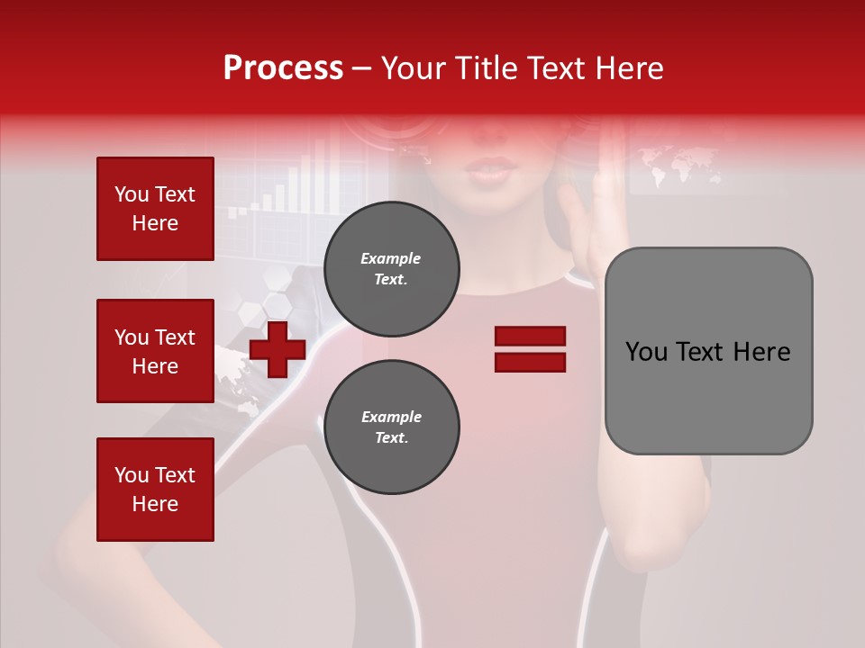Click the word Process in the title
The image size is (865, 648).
tap(283, 68)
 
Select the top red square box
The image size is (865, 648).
tap(155, 209)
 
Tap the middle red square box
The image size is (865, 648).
tap(155, 351)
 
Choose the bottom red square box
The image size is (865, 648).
tap(155, 490)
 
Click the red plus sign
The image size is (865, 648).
tap(278, 349)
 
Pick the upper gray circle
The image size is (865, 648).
tap(391, 269)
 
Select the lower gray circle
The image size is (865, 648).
tap(391, 427)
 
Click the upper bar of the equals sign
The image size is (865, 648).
tap(530, 336)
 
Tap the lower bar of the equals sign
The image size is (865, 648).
tap(530, 362)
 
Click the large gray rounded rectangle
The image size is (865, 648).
tap(708, 350)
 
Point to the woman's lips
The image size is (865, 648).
tap(492, 170)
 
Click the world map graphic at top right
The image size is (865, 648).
tap(680, 165)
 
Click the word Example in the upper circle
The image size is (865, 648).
tap(390, 258)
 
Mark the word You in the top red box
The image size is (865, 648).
tap(132, 194)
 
